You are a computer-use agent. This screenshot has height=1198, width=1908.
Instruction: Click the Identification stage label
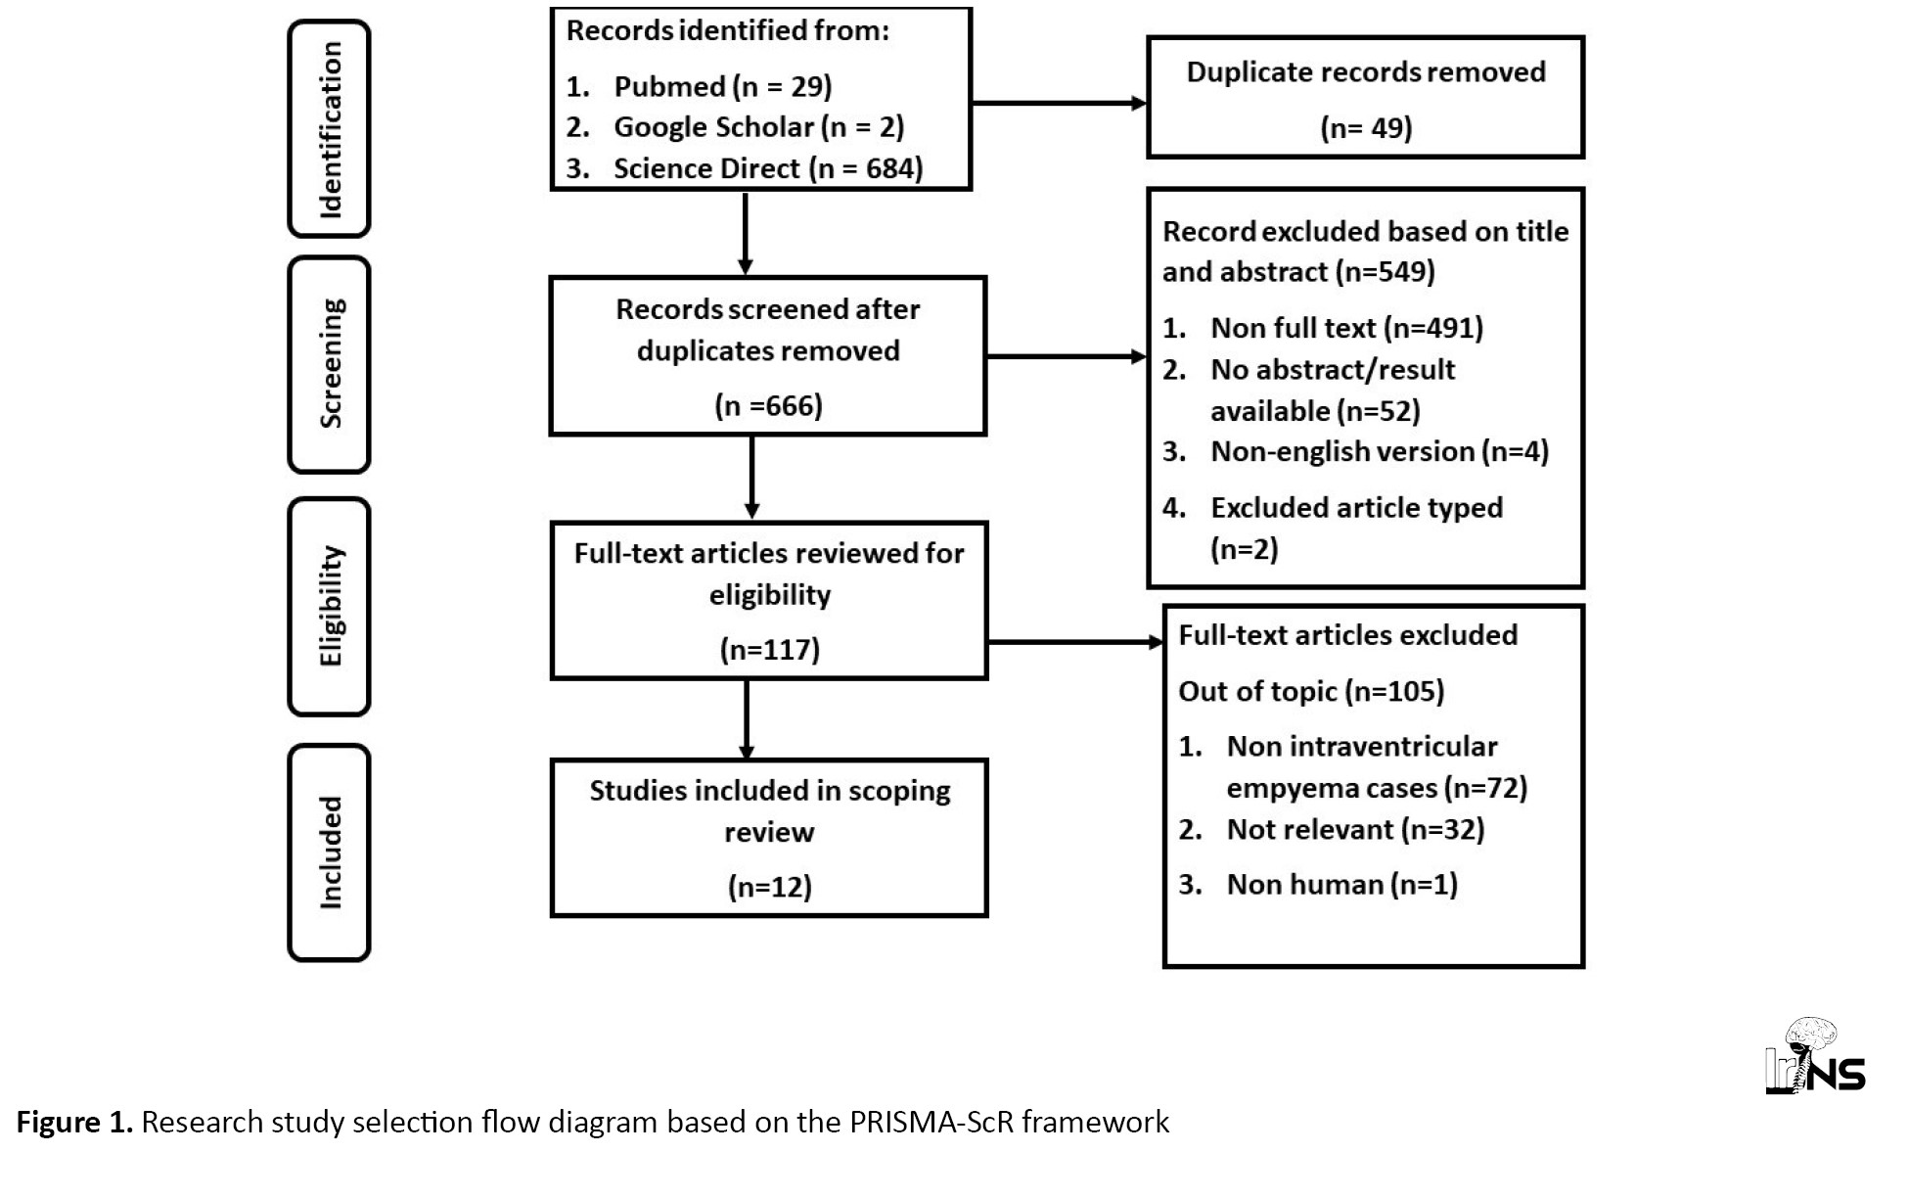click(x=330, y=128)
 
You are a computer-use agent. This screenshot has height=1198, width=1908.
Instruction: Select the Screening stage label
click(x=330, y=364)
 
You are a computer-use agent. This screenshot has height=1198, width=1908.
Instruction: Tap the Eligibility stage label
click(x=330, y=606)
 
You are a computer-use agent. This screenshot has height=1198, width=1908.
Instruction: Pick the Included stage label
click(x=330, y=852)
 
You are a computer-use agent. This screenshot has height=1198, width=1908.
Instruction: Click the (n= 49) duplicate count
click(x=1366, y=128)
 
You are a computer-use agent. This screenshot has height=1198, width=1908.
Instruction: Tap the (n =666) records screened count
click(x=768, y=405)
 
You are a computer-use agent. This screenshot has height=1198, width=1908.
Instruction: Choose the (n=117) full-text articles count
click(x=770, y=649)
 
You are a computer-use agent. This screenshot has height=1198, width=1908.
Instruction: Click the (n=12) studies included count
click(x=770, y=887)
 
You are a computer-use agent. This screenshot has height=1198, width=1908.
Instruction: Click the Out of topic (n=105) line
click(x=1311, y=691)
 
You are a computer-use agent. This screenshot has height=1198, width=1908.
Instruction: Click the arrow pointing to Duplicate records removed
click(x=1059, y=103)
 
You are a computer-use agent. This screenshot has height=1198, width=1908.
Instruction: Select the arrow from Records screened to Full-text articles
click(x=751, y=477)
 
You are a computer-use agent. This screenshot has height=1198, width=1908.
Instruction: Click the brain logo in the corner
click(x=1815, y=1055)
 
